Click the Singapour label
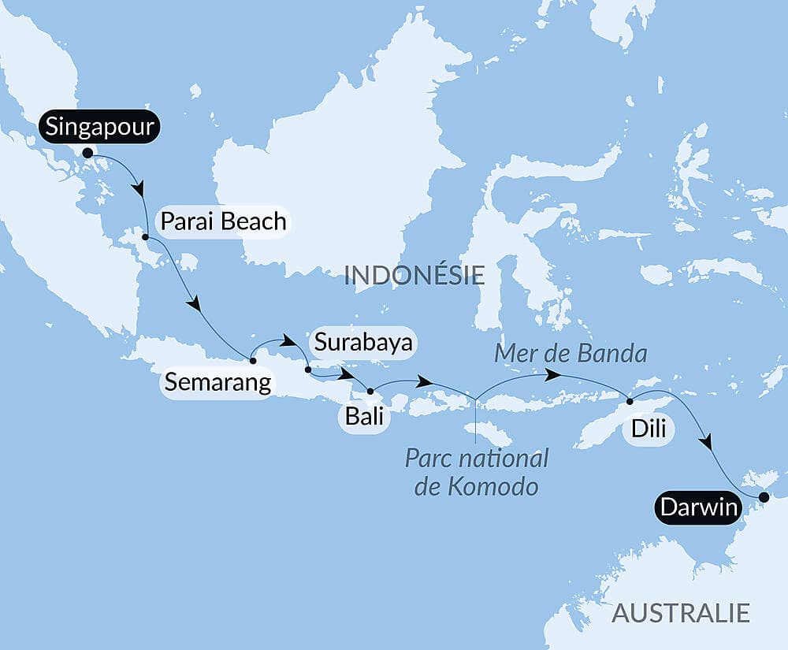(x=99, y=127)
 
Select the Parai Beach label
(x=223, y=221)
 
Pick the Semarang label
(x=217, y=383)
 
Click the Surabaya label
(x=363, y=343)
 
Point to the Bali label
(x=363, y=415)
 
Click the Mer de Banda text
(x=571, y=354)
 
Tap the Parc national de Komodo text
(x=476, y=473)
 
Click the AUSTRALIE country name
(x=681, y=612)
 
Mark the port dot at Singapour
(x=87, y=153)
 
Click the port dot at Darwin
(x=763, y=497)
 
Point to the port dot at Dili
(x=630, y=402)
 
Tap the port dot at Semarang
(x=252, y=361)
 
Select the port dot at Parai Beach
(x=146, y=236)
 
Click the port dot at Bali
(x=370, y=391)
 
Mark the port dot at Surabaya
(x=307, y=369)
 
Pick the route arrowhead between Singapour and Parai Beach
(x=140, y=190)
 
